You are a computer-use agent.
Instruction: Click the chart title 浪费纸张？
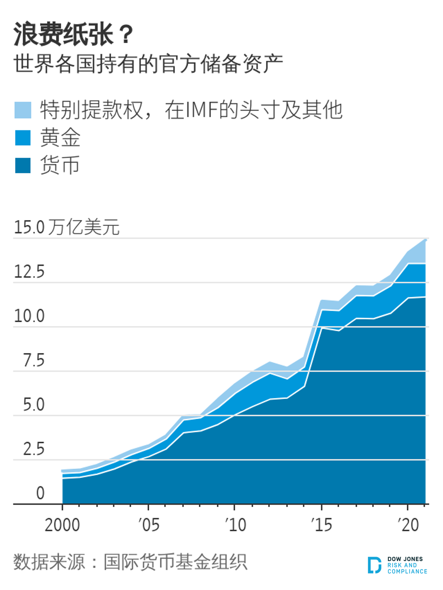tap(73, 34)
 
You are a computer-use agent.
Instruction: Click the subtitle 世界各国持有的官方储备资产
tap(148, 64)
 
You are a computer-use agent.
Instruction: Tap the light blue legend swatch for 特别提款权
tap(23, 110)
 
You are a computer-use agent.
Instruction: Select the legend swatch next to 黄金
tap(23, 138)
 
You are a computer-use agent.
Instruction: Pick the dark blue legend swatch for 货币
tap(23, 165)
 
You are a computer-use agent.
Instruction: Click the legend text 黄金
tap(60, 138)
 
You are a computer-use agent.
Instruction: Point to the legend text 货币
tap(60, 165)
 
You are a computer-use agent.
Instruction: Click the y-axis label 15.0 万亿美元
tap(67, 227)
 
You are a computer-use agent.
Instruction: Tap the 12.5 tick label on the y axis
tap(29, 271)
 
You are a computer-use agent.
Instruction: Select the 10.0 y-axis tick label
tap(29, 316)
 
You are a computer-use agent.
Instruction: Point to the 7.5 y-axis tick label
tap(34, 360)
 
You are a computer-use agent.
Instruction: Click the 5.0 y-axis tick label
tap(34, 405)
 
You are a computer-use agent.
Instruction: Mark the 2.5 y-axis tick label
tap(34, 449)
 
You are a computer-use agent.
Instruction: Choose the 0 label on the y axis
tap(40, 493)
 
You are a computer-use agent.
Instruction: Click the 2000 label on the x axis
tap(62, 525)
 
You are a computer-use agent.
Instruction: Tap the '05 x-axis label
tap(148, 525)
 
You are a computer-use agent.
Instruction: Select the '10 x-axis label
tap(235, 525)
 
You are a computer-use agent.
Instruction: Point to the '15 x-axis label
tap(321, 525)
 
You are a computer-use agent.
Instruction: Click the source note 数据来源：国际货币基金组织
tap(130, 562)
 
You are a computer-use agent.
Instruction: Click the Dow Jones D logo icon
tap(374, 565)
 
